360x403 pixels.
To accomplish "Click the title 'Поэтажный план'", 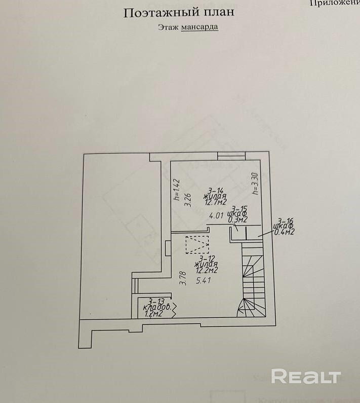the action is (x=179, y=12).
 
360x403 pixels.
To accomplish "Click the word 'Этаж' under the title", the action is (x=168, y=26).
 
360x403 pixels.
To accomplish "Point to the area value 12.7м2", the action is (x=215, y=202).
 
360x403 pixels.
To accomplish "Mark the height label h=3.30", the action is (x=255, y=184).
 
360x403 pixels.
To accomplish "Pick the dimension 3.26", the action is (x=188, y=197).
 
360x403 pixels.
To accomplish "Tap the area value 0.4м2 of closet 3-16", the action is (x=284, y=232).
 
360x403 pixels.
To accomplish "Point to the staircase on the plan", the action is (x=252, y=284).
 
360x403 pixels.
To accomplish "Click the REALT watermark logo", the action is (x=305, y=377).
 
